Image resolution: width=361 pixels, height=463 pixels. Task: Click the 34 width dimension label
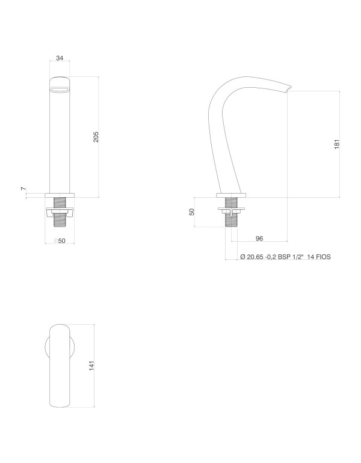tap(60, 58)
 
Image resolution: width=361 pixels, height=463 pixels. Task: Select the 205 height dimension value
tap(96, 136)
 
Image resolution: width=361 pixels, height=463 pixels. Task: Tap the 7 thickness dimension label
tap(23, 188)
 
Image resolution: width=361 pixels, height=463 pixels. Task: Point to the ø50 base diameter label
tap(60, 241)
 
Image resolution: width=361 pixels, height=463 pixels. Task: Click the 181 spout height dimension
tap(337, 144)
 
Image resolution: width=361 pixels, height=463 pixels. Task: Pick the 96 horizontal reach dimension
tap(259, 238)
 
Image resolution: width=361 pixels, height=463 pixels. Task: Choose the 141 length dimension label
tap(91, 366)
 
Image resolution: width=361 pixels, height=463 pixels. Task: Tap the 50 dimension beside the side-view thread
tap(192, 212)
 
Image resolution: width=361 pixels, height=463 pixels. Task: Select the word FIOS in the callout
tap(324, 257)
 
